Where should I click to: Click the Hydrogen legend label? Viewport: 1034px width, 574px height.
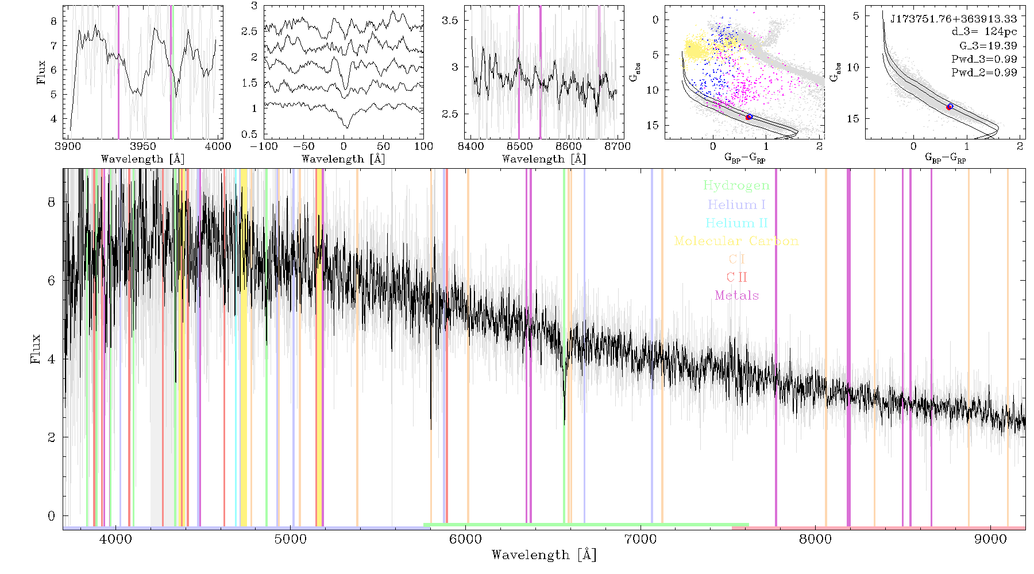click(736, 185)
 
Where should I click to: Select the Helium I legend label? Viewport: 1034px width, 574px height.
click(736, 204)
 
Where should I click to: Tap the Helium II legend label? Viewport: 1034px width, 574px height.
click(736, 223)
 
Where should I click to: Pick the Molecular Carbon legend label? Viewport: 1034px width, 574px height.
click(736, 241)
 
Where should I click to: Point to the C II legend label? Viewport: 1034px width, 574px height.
click(736, 277)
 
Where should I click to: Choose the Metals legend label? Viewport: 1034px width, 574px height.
click(736, 296)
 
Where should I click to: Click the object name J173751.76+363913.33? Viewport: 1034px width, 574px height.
click(954, 19)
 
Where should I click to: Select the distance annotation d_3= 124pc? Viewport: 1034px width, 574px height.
click(984, 32)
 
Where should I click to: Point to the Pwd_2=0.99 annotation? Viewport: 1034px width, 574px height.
click(984, 73)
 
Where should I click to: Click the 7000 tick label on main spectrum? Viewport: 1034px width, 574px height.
click(641, 539)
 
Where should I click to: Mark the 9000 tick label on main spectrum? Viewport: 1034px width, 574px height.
click(990, 539)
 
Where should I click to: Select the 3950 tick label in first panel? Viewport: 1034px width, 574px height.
click(143, 146)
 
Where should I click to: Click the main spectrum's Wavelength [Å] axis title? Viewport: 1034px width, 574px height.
click(544, 554)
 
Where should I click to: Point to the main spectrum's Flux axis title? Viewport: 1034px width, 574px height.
click(36, 348)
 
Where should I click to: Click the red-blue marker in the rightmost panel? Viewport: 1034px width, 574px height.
click(950, 107)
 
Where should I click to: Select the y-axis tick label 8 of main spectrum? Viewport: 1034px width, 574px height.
click(52, 202)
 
